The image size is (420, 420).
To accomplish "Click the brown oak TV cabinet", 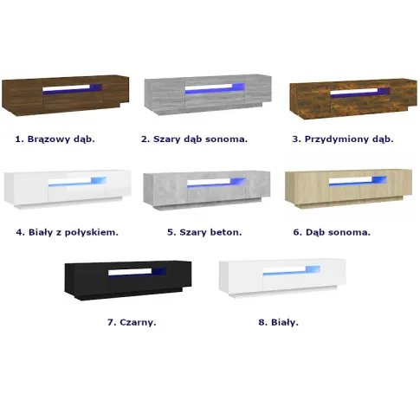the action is point(65,95).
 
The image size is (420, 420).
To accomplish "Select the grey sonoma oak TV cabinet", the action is point(208,94).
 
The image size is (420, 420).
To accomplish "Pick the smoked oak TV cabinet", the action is point(353,99).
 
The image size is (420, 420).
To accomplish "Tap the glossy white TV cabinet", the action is point(68,189).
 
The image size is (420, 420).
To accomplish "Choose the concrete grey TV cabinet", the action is point(207,190).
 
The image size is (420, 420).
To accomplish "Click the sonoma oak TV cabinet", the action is point(348,189).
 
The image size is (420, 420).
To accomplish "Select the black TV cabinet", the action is point(128,280).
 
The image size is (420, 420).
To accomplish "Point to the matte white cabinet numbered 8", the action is point(282,278).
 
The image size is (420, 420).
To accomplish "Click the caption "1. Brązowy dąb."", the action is point(55,139).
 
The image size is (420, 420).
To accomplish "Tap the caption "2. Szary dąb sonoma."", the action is point(194,139).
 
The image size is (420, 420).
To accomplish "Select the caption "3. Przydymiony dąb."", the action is point(343,139).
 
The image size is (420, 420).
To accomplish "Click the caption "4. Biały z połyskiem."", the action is point(68,232).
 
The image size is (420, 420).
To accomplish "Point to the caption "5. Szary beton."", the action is point(204,232).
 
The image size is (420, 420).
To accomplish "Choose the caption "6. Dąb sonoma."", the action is point(332,232).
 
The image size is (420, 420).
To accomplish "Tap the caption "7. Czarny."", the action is point(132,322).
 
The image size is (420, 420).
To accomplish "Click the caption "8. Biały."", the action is point(279,322).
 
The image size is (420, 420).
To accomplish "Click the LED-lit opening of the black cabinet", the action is point(137,272).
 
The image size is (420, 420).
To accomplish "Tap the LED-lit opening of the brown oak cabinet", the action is point(73,89).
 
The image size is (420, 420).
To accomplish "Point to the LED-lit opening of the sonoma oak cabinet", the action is point(358,180).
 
